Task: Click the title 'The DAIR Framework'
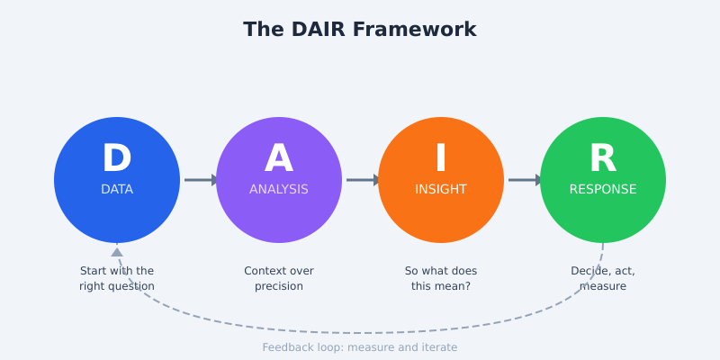[360, 30]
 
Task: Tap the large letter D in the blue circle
[117, 159]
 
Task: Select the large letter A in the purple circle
[279, 159]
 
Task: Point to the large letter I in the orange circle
[441, 159]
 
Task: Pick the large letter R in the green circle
[603, 159]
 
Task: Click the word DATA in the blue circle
[117, 190]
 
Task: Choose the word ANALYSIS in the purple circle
[279, 190]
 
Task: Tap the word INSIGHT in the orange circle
[441, 190]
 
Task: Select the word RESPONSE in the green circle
[603, 190]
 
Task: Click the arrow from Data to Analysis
[201, 180]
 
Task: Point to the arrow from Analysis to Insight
[363, 180]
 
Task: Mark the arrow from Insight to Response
[525, 180]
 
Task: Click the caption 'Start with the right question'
[117, 278]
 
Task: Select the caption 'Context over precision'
[279, 278]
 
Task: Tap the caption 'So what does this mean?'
[441, 278]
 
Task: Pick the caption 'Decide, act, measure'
[603, 278]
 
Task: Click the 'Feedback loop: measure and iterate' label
[360, 347]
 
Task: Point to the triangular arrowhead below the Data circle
[117, 253]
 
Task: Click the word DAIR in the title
[316, 30]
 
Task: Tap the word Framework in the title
[414, 30]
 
